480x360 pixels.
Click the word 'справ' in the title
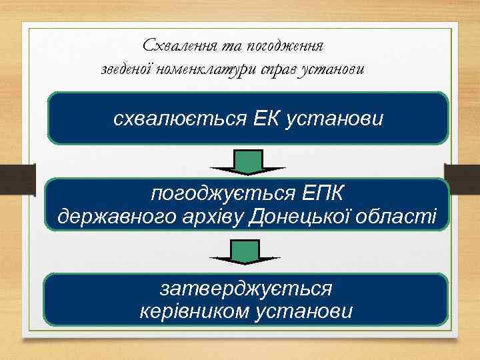(x=285, y=69)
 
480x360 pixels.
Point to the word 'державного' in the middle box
(x=112, y=217)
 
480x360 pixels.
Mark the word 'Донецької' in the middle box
(x=304, y=217)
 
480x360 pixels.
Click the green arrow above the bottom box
(x=245, y=252)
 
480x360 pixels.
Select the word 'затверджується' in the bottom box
(x=246, y=289)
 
